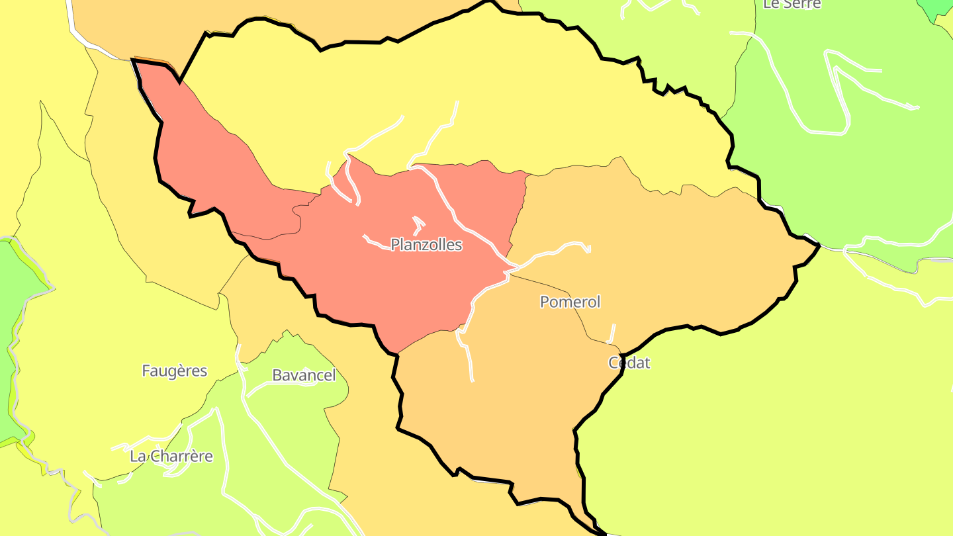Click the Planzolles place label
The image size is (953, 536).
pos(426,245)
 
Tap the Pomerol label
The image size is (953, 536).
pos(570,302)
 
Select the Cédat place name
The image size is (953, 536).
pos(629,363)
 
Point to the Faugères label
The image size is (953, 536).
pos(175,371)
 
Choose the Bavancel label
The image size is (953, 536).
pos(304,375)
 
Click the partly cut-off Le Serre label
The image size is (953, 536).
pos(792,4)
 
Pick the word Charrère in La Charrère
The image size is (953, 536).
pos(181,456)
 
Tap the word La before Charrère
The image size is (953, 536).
pos(138,456)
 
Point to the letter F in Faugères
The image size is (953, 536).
pos(146,371)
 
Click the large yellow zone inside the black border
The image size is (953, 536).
pos(529,99)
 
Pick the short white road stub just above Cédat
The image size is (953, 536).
pos(612,333)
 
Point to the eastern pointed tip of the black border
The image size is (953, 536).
pos(819,246)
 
